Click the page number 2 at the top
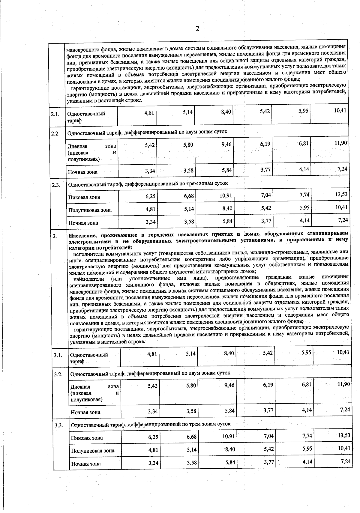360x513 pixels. point(197,29)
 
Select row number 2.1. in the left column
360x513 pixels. point(55,114)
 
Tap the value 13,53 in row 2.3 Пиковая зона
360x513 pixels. point(341,194)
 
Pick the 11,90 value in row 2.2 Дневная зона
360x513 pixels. point(341,143)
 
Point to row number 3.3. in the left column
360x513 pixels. point(59,425)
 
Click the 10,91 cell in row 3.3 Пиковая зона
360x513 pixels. point(228,436)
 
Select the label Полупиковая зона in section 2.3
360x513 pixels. point(90,210)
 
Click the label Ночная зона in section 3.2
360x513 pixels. point(85,412)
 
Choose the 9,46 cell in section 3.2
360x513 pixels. point(229,385)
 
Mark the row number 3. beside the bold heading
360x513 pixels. point(55,236)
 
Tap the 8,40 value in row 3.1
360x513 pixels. point(229,353)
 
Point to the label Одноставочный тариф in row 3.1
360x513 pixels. point(89,358)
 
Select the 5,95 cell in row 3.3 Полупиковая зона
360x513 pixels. point(306,449)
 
